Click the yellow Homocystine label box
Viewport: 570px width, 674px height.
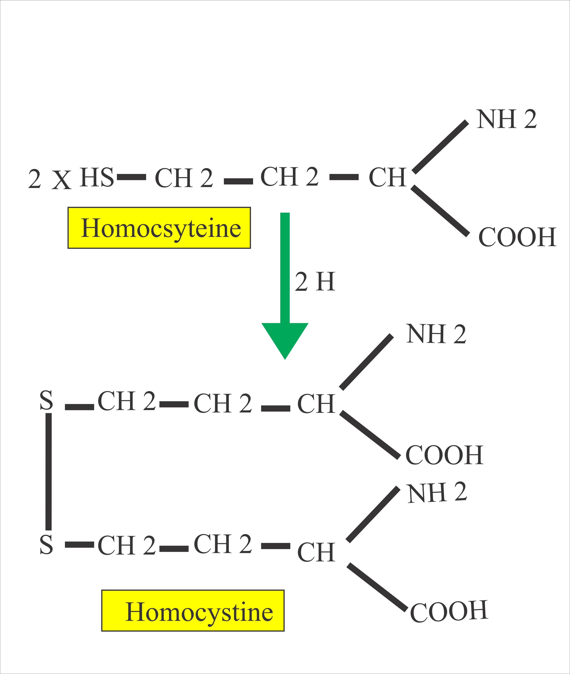(193, 611)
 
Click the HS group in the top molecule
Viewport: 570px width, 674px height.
(97, 177)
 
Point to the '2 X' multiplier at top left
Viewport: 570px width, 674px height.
(49, 179)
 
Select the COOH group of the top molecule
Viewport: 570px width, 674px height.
(517, 237)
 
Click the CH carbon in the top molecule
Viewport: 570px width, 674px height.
(387, 177)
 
